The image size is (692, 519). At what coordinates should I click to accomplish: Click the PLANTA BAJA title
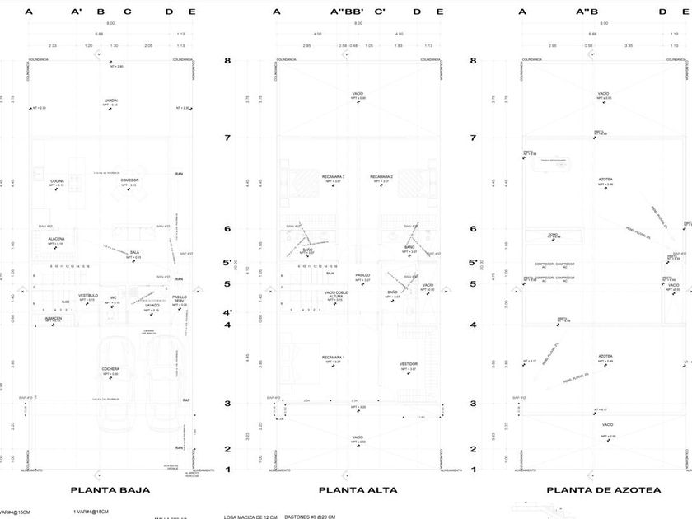tap(110, 489)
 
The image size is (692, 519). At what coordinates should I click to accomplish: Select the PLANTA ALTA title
tap(358, 489)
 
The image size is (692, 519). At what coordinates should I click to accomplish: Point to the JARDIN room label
tap(111, 101)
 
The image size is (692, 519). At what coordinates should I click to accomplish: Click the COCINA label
tap(57, 180)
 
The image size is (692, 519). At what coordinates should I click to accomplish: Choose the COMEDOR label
tap(129, 180)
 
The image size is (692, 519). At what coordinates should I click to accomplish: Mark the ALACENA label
tap(56, 239)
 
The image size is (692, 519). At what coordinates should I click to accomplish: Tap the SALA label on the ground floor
tap(133, 252)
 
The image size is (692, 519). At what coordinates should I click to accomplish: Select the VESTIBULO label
tap(88, 295)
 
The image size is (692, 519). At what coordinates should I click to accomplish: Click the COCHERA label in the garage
tap(110, 369)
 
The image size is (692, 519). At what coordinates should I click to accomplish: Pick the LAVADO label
tap(152, 305)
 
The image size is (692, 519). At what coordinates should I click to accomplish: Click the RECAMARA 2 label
tap(381, 177)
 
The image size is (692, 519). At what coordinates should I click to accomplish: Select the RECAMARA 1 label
tap(333, 357)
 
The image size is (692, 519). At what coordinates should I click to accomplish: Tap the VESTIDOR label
tap(409, 363)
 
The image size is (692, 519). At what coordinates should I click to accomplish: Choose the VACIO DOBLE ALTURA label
tap(334, 293)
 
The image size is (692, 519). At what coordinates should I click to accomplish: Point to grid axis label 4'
tap(251, 312)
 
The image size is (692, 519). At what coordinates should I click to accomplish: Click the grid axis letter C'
tap(380, 12)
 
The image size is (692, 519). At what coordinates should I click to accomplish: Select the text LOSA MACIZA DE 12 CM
tap(251, 517)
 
